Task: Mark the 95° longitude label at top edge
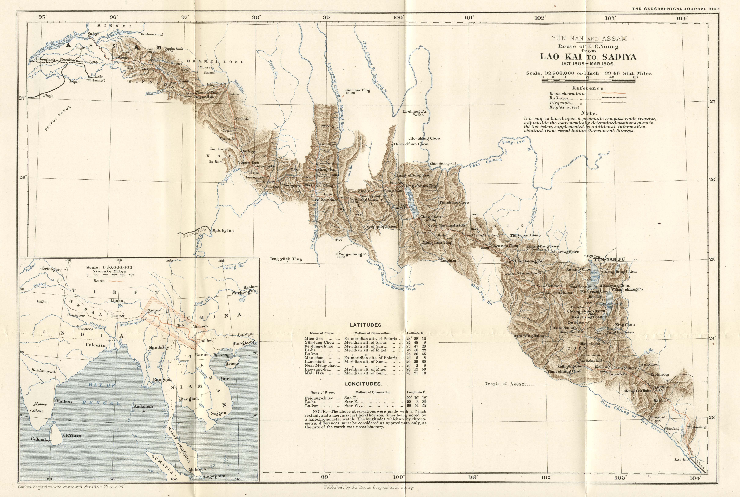(42, 17)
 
